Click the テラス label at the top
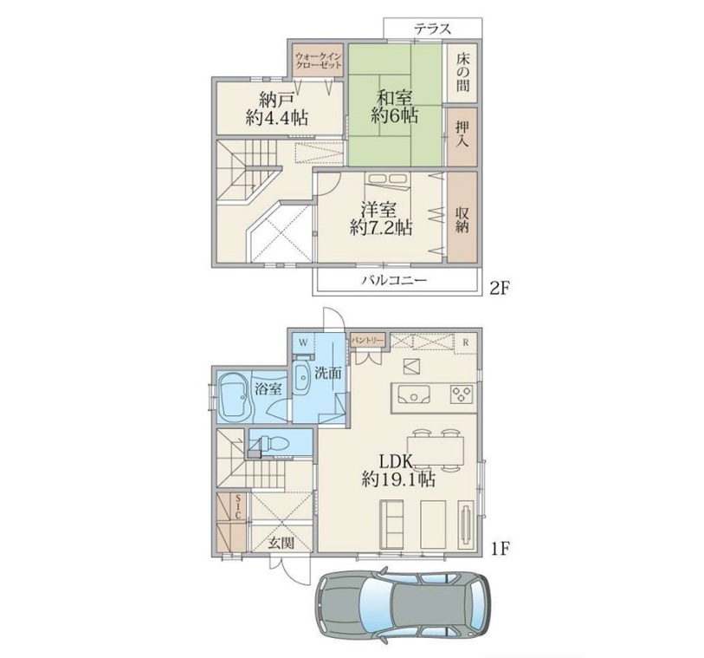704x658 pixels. point(432,29)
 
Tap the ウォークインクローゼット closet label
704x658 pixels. point(319,61)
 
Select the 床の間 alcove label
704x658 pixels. point(463,72)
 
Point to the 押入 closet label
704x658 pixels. point(462,134)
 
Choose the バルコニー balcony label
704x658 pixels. point(394,281)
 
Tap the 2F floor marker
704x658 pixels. point(499,288)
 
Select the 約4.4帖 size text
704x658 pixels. point(277,118)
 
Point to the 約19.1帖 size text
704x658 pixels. point(398,480)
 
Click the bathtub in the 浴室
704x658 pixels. point(234,397)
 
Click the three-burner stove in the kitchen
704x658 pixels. point(462,394)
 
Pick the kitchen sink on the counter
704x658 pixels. point(414,394)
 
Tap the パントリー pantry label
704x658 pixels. point(368,339)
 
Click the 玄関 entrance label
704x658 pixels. point(281,543)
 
